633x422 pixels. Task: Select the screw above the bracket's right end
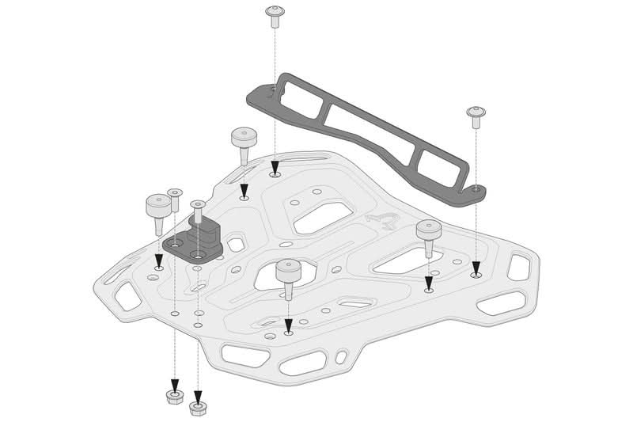tap(476, 116)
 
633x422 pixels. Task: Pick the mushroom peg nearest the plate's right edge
tap(428, 234)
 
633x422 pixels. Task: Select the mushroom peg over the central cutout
tap(287, 275)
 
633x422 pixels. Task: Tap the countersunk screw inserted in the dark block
tap(197, 209)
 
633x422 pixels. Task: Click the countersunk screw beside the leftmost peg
tap(175, 198)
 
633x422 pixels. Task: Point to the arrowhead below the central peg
tap(288, 325)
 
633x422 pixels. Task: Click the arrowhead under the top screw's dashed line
tap(275, 168)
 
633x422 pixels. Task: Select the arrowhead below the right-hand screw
tap(476, 268)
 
